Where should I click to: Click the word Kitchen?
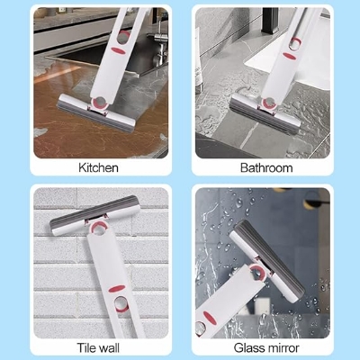click(x=99, y=166)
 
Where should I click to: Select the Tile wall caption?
click(x=99, y=346)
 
